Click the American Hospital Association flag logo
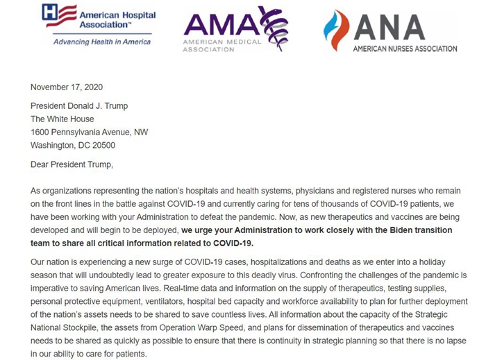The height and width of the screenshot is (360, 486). (58, 16)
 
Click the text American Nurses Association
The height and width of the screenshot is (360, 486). (405, 49)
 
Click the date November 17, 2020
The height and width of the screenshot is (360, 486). (67, 87)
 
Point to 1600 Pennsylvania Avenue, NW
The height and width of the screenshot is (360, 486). (89, 132)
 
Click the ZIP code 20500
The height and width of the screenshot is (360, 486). (102, 146)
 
